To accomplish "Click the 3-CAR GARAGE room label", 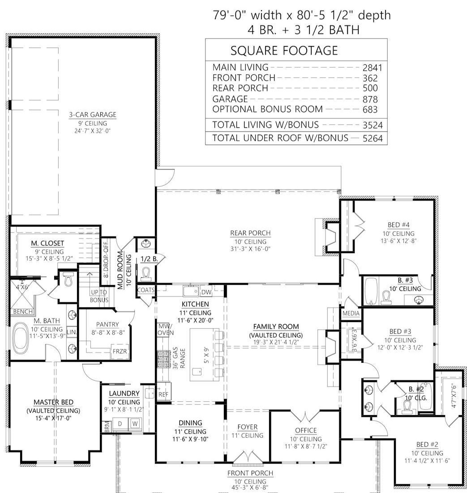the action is click(93, 115).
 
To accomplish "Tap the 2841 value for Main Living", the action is click(372, 68).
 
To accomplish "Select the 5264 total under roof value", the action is click(373, 138).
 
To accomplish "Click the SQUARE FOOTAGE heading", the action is click(284, 51).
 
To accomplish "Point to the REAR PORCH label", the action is click(250, 233).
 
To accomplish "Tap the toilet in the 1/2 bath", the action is click(146, 273).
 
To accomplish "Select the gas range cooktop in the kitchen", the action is click(163, 359).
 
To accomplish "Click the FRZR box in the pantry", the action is click(120, 351).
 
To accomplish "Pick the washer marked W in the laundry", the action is click(135, 424).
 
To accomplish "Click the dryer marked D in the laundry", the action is click(120, 424).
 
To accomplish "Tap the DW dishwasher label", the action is click(206, 292).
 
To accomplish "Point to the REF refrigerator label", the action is click(163, 394).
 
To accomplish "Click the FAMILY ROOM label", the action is click(276, 327).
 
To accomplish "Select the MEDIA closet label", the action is click(351, 313).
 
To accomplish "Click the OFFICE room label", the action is click(306, 430).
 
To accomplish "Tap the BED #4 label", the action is click(398, 225).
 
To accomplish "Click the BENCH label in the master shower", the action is click(23, 311).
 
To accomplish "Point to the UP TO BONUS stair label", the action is click(99, 296).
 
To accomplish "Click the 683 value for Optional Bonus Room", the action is click(370, 110).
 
